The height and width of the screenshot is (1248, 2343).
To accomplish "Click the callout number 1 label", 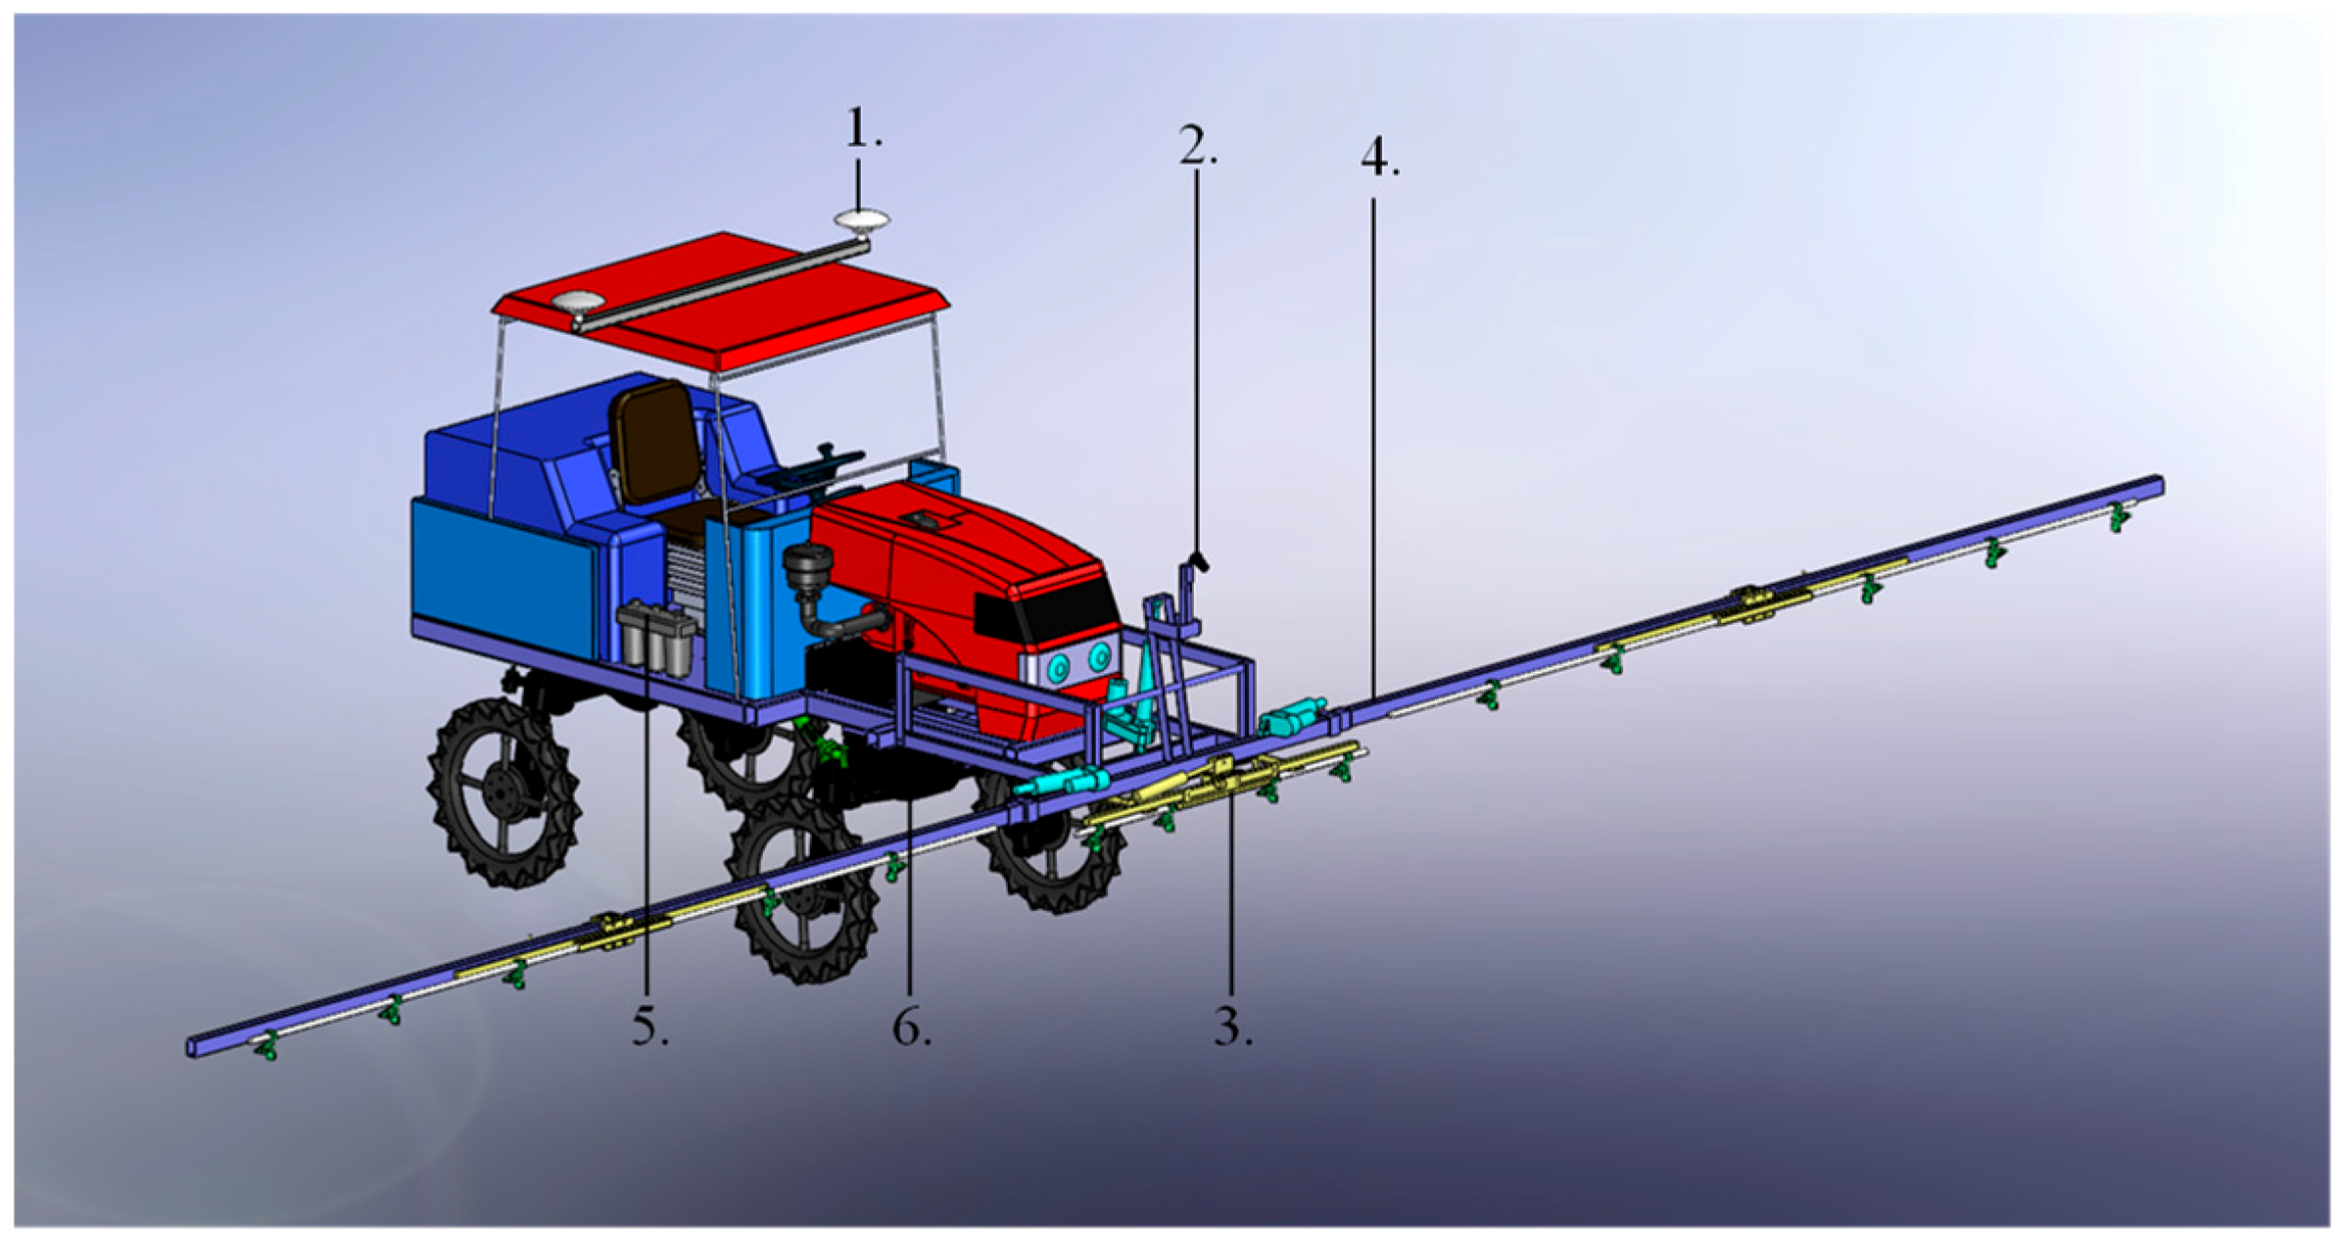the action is click(863, 128).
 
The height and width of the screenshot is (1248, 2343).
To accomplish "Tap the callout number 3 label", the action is click(1233, 1027).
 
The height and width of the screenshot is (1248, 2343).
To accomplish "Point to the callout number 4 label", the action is click(1379, 157).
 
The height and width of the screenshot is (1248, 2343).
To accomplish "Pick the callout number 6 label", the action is click(911, 1027).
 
